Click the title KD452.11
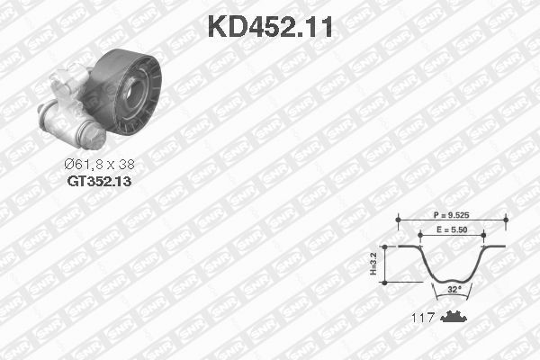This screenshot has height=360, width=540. point(270,27)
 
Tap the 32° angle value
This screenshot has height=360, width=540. point(454,290)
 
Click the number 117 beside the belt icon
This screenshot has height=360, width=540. point(423,318)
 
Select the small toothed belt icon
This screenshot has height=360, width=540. point(454,317)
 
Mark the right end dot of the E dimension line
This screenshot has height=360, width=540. point(485,233)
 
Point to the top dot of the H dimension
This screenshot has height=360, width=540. point(384,245)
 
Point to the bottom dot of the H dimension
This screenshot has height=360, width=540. point(384,282)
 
